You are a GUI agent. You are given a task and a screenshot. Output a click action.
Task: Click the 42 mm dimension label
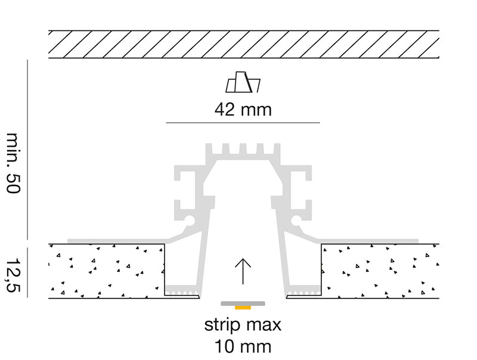point(243,110)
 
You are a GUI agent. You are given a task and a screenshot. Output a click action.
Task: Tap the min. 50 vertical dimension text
point(13,163)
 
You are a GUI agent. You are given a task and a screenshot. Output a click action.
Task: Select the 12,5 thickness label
point(13,275)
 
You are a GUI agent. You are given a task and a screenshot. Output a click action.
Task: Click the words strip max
point(243,325)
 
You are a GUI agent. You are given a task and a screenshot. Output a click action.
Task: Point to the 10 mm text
point(243,347)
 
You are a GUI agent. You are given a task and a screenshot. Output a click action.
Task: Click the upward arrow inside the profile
point(243,271)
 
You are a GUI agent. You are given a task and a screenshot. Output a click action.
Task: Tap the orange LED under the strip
point(243,308)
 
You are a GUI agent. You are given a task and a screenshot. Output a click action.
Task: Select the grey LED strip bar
point(243,303)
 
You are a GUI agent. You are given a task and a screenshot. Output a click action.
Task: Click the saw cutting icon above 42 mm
point(243,82)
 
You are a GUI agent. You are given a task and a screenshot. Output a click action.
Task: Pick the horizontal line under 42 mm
point(243,123)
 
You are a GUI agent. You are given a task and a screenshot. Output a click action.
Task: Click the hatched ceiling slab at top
point(244,44)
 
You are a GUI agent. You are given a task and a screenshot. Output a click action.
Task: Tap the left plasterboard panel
point(107,271)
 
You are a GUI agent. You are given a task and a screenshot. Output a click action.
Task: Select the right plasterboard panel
point(380,271)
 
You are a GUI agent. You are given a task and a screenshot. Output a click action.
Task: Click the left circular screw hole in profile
point(190,220)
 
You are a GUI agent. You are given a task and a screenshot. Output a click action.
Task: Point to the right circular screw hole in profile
point(296,220)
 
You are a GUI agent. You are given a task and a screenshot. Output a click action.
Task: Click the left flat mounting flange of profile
point(117,241)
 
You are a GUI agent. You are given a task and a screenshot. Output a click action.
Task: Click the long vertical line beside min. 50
point(27,150)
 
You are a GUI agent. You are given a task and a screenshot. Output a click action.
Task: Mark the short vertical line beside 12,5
point(27,272)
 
